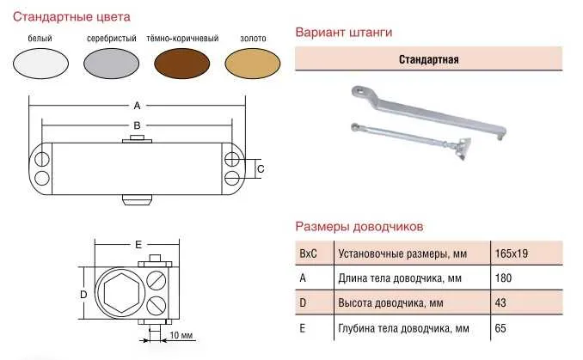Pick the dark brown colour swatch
point(182,64)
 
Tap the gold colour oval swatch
point(253,64)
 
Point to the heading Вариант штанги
point(343,33)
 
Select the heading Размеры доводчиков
point(359,227)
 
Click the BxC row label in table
point(307,254)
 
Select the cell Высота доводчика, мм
point(390,303)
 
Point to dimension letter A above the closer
point(137,106)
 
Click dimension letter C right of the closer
point(261,168)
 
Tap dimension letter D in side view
point(83,294)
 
